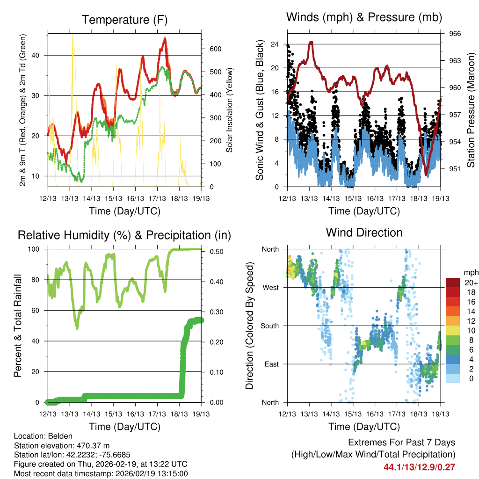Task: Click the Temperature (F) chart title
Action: click(124, 20)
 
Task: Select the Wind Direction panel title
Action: click(364, 232)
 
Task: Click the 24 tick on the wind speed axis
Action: click(275, 44)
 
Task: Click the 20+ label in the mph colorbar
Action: click(471, 283)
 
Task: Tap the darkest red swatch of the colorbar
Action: click(453, 283)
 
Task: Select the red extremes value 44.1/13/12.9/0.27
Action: click(419, 467)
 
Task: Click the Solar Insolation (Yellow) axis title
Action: click(229, 110)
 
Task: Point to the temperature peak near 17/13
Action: click(165, 38)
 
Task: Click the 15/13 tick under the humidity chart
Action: click(114, 414)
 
